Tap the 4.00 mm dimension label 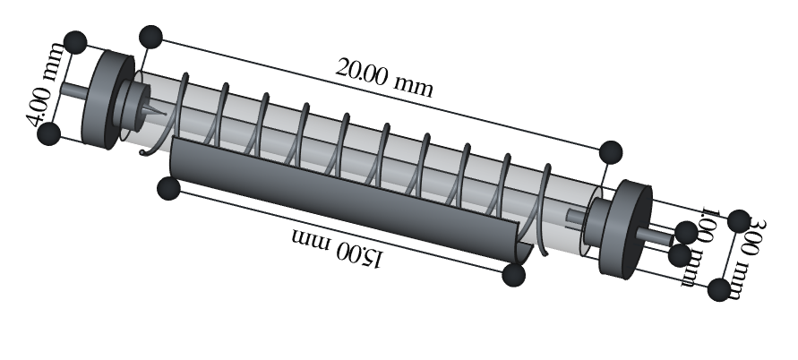pos(46,85)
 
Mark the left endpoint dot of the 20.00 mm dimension pos(150,37)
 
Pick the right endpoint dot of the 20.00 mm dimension pos(611,152)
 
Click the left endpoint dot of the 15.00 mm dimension pos(168,188)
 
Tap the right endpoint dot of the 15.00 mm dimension pos(513,275)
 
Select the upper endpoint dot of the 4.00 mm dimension pos(76,42)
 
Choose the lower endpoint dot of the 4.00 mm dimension pos(49,134)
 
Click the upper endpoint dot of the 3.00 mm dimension pos(739,220)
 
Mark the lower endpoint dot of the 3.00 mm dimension pos(719,290)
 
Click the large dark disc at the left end pos(107,99)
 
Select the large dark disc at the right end pos(625,229)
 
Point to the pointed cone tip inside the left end pos(164,113)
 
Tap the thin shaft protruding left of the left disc pos(73,91)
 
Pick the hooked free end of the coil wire pos(144,151)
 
